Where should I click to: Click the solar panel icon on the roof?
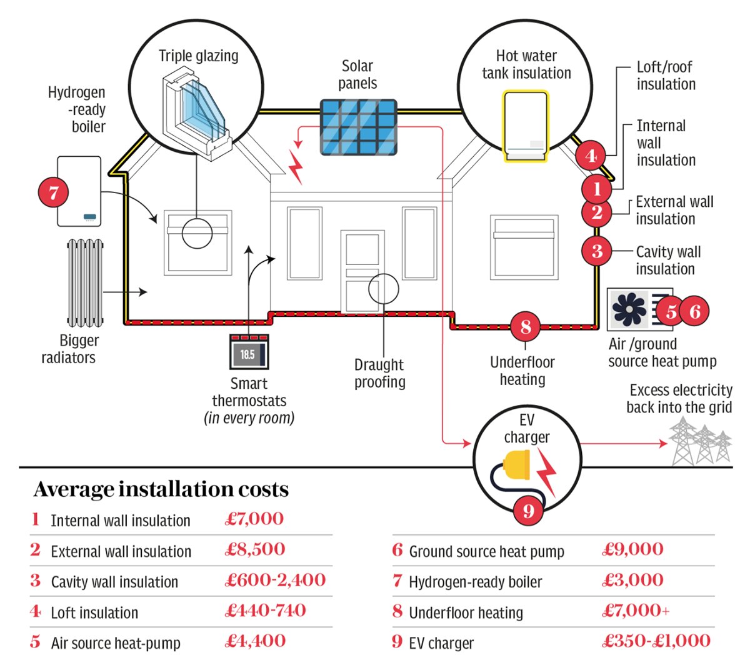[x=358, y=127]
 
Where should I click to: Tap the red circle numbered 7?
[x=54, y=192]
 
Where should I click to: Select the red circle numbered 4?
[x=591, y=156]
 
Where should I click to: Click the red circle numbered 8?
[x=525, y=326]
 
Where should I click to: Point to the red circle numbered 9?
[x=529, y=511]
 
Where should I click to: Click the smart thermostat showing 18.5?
[x=249, y=353]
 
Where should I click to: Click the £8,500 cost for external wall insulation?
[x=255, y=549]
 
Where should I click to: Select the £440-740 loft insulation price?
[x=266, y=611]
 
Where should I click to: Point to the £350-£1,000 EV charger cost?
[x=656, y=641]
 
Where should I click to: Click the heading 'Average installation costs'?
[x=161, y=489]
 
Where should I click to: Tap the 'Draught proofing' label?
[x=379, y=373]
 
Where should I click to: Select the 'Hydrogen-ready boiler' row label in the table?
[x=475, y=582]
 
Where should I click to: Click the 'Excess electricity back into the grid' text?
[x=680, y=399]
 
